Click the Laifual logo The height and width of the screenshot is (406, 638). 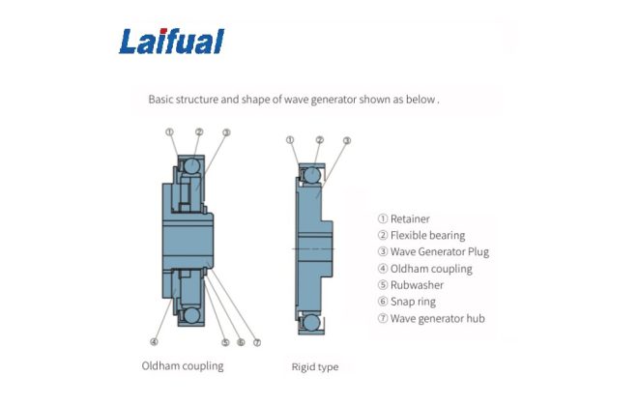pyautogui.click(x=171, y=41)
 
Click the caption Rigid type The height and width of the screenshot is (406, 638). pyautogui.click(x=315, y=367)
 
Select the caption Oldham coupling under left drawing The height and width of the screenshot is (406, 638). pyautogui.click(x=183, y=366)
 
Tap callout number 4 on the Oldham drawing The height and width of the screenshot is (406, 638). pyautogui.click(x=154, y=341)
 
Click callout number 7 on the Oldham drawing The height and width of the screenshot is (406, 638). pyautogui.click(x=256, y=341)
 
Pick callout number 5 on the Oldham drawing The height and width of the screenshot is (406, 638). pyautogui.click(x=225, y=341)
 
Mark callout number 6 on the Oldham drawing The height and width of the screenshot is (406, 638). pyautogui.click(x=241, y=341)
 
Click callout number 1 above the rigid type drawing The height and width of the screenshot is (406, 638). pyautogui.click(x=290, y=140)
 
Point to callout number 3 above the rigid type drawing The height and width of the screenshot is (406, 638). pyautogui.click(x=346, y=140)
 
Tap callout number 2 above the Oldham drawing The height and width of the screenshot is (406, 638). pyautogui.click(x=198, y=132)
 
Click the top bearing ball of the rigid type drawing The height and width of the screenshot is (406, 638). pyautogui.click(x=312, y=175)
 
